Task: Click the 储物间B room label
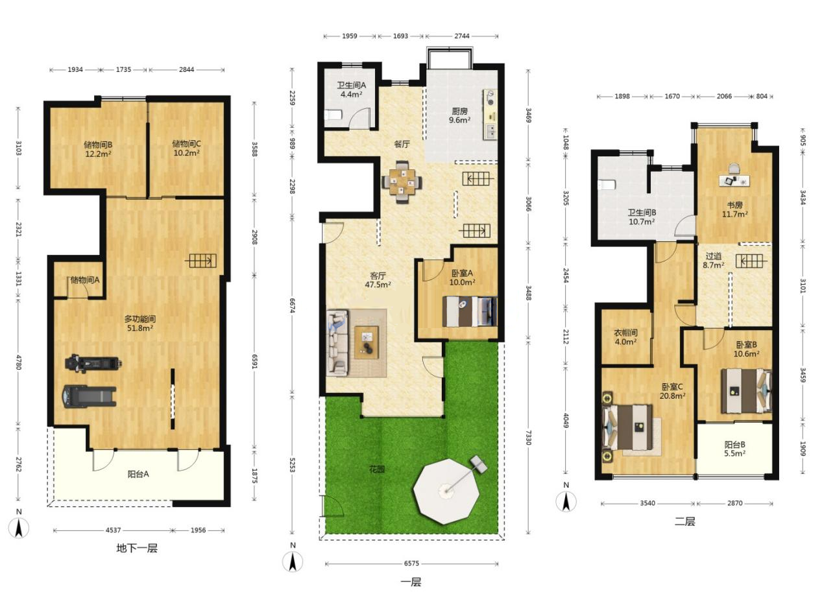click(98, 145)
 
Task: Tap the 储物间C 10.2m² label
click(186, 148)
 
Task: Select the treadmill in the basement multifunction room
click(90, 396)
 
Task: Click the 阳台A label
click(138, 474)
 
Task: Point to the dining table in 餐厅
click(402, 182)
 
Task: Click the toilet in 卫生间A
click(333, 114)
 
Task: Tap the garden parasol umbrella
click(446, 491)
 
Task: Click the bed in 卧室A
click(470, 311)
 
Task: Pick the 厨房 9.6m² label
click(459, 115)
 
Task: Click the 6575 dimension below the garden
click(411, 563)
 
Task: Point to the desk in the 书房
click(734, 181)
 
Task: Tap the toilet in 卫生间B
click(607, 185)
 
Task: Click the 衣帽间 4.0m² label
click(625, 337)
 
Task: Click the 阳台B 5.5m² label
click(734, 449)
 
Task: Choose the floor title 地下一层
click(137, 549)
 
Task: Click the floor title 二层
click(684, 521)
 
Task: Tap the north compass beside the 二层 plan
click(566, 501)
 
